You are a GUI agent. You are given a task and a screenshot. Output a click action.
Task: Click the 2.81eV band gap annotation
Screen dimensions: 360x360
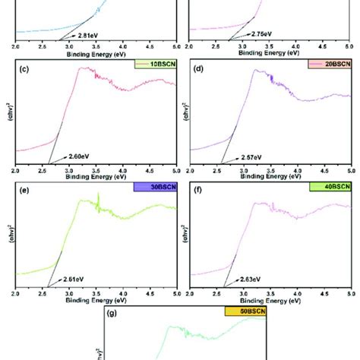(x=85, y=34)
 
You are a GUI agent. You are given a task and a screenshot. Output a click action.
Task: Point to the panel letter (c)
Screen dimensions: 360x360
(x=24, y=72)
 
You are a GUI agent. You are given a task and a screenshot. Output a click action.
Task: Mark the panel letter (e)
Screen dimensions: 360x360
(x=24, y=194)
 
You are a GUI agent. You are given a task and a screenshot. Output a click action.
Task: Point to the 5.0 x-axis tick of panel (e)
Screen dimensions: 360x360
(x=175, y=293)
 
